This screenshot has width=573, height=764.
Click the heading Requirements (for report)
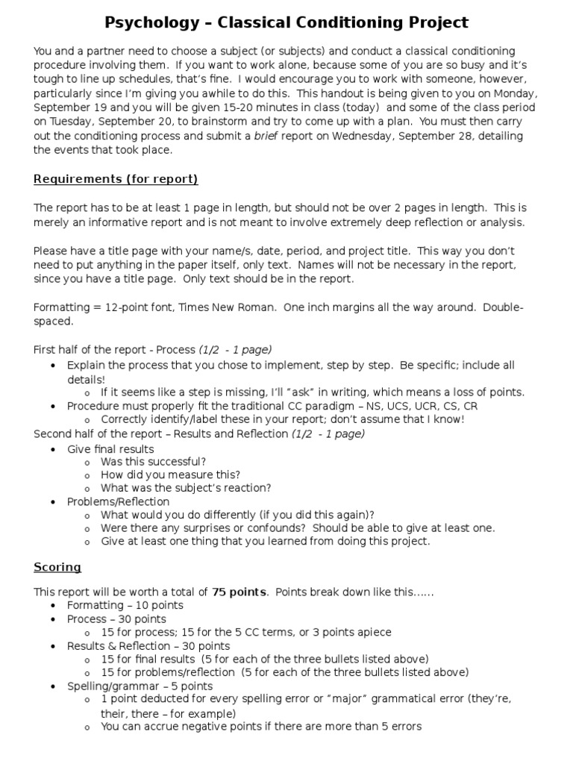click(x=116, y=179)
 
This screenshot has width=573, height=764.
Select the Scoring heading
click(x=57, y=567)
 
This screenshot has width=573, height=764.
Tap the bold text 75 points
click(x=239, y=592)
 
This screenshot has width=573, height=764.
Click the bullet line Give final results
click(x=110, y=449)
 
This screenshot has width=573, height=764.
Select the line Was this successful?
click(x=153, y=462)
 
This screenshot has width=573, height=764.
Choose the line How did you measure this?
click(x=171, y=475)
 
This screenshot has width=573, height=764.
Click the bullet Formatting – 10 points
click(x=125, y=605)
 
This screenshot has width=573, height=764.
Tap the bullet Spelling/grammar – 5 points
click(x=140, y=686)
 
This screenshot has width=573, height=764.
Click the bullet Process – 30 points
click(x=116, y=619)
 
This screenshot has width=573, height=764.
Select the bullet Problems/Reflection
click(x=118, y=501)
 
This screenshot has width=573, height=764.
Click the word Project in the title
click(x=433, y=22)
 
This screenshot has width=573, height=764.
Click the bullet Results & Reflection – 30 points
click(x=148, y=645)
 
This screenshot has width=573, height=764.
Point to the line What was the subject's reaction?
click(x=186, y=488)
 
